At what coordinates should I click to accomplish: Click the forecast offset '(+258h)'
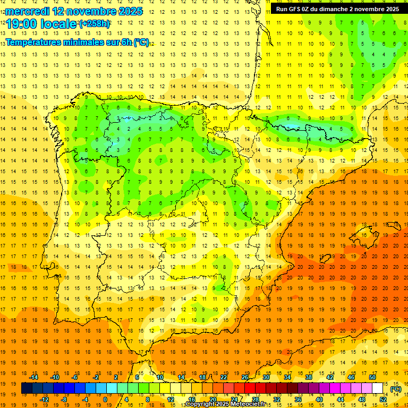95,24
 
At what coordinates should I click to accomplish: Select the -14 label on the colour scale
34,377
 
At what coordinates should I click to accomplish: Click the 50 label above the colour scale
372,377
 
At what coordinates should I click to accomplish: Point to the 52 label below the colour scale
383,399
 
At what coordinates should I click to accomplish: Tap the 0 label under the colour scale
105,399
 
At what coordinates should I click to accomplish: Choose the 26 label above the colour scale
245,377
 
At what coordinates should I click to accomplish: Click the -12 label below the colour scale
45,399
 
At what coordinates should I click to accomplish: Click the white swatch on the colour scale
377,388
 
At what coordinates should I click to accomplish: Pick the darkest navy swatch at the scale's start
27,388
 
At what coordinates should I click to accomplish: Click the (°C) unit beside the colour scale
395,389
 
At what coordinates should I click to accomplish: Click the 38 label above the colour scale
309,377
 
